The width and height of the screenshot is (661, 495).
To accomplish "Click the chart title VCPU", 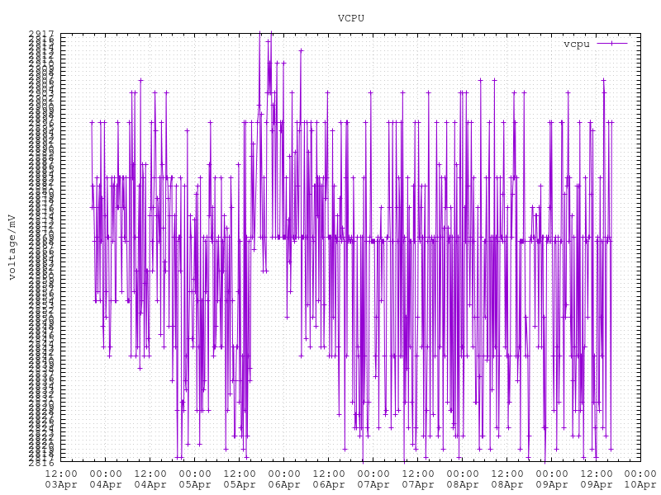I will coord(351,18).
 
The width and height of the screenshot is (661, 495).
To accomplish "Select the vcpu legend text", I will coord(576,44).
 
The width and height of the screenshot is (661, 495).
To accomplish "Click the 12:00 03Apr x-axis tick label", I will coord(61,478).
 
